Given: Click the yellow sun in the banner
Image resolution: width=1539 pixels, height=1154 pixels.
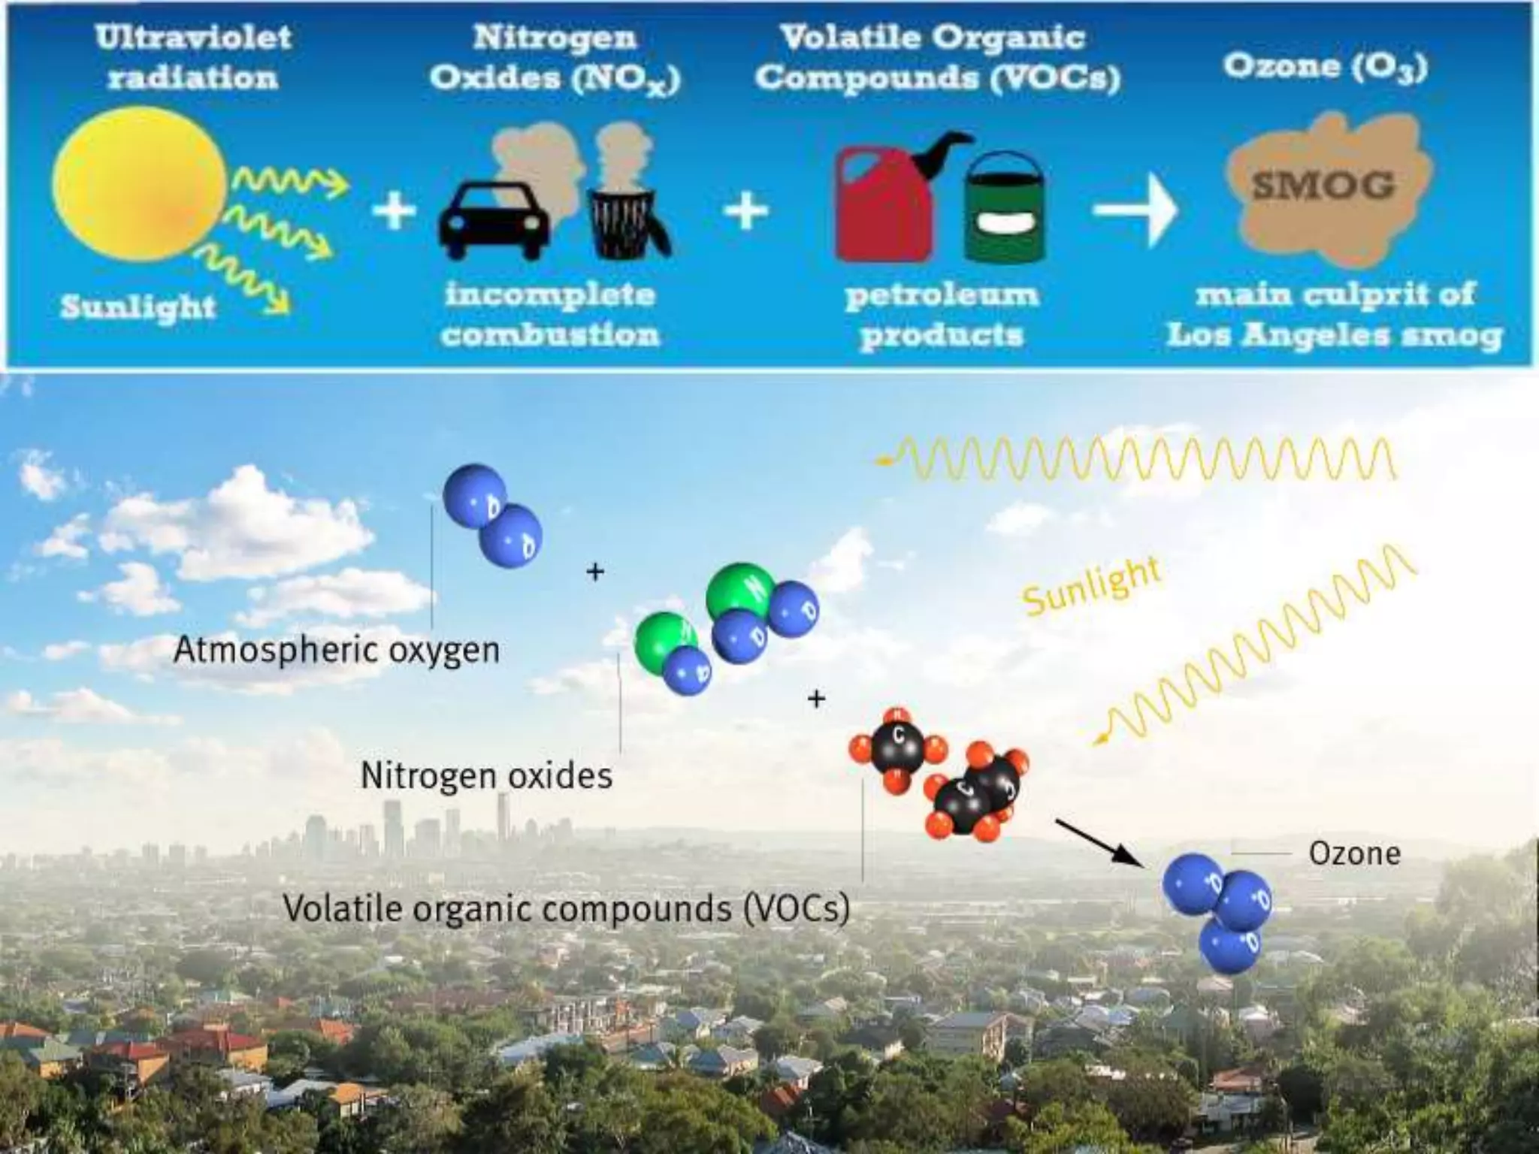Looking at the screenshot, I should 140,185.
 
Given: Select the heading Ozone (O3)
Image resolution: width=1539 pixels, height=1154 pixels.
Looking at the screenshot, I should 1325,66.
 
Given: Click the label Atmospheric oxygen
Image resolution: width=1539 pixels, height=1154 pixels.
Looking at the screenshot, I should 336,649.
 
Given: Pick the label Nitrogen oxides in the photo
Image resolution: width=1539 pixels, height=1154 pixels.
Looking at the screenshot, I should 486,775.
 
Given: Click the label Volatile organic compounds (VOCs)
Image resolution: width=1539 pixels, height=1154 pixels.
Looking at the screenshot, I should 566,908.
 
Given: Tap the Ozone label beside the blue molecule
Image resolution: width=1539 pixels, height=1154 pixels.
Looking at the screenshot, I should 1354,853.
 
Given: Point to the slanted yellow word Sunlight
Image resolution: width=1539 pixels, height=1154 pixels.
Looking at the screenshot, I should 1091,587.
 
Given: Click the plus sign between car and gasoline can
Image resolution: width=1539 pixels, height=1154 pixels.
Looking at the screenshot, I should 745,210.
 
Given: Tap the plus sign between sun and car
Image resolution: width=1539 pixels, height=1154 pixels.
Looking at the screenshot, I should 394,210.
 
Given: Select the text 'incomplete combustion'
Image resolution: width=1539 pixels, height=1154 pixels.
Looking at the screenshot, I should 550,314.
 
